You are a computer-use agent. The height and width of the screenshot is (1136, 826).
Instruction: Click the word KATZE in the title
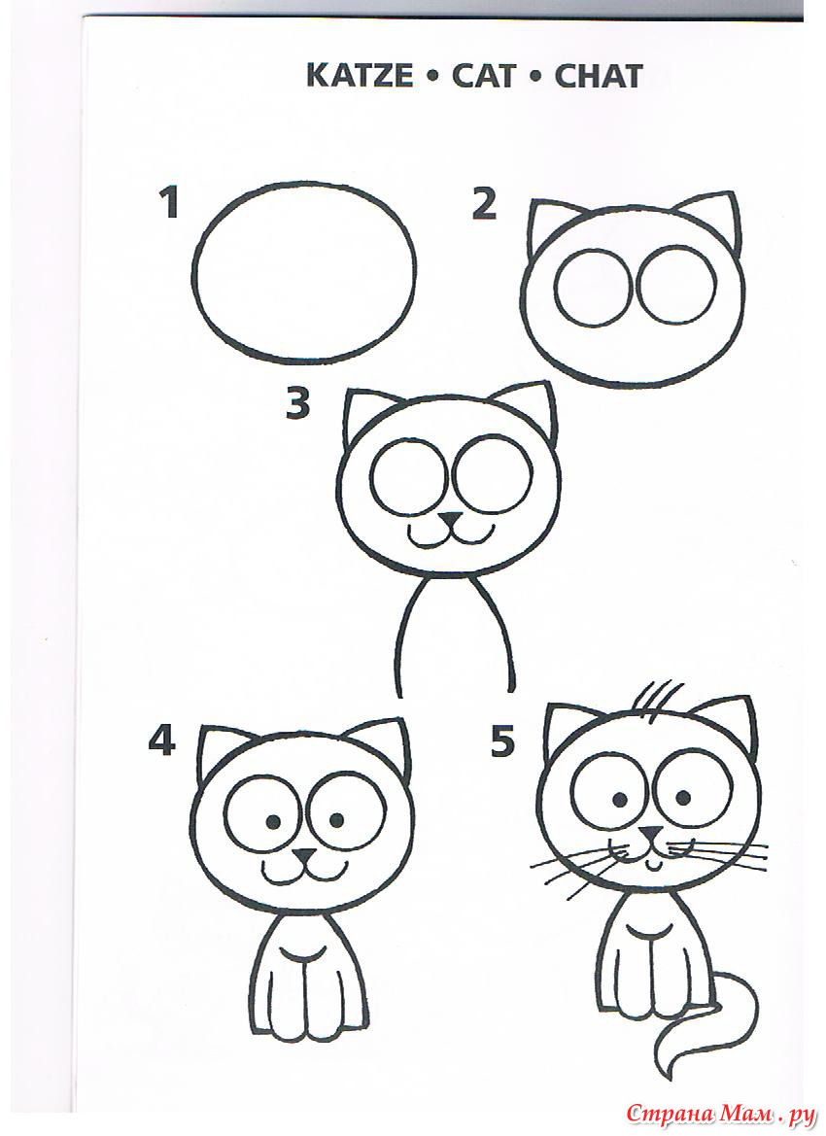point(360,76)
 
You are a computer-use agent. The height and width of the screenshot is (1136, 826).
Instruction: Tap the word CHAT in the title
point(599,76)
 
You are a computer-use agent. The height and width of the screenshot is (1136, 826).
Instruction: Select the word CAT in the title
point(484,76)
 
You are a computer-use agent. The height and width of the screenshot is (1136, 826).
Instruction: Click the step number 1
point(169,203)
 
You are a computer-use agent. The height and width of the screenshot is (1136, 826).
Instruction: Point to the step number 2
point(484,203)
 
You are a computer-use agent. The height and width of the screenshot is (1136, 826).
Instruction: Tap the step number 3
point(297,403)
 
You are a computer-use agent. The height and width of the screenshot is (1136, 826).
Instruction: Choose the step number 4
point(161,740)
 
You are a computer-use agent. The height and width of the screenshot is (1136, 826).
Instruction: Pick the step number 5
point(502,740)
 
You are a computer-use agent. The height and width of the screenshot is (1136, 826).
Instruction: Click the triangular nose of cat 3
point(452,520)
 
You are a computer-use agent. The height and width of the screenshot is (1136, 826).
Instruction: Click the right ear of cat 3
point(539,413)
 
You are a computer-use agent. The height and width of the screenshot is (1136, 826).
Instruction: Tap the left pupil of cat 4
point(274,821)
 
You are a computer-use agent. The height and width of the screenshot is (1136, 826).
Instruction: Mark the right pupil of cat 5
point(683,799)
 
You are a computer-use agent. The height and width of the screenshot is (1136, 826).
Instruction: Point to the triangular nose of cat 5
point(652,833)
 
